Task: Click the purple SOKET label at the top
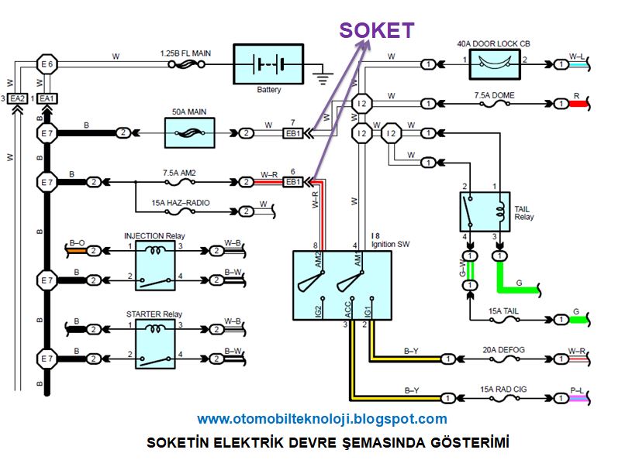click(x=376, y=30)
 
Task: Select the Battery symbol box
click(x=269, y=64)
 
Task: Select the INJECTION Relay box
click(x=160, y=265)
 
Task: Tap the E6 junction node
click(x=47, y=64)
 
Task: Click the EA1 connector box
click(x=47, y=98)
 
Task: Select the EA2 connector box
click(x=19, y=98)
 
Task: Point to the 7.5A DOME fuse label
click(x=494, y=96)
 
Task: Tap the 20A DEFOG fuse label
click(x=503, y=350)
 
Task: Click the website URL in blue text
click(x=322, y=419)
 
